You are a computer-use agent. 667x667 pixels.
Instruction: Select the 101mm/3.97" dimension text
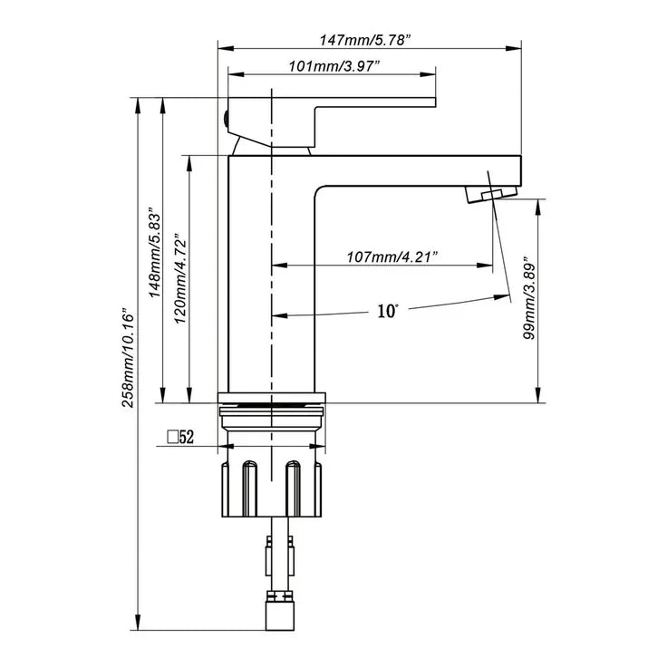pos(333,67)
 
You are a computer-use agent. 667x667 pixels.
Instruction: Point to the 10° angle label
pos(387,311)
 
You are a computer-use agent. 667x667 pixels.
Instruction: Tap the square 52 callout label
pos(181,438)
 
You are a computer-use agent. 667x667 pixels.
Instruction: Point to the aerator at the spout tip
pos(489,192)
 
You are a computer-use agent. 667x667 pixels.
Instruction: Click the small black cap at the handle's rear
pos(224,114)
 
